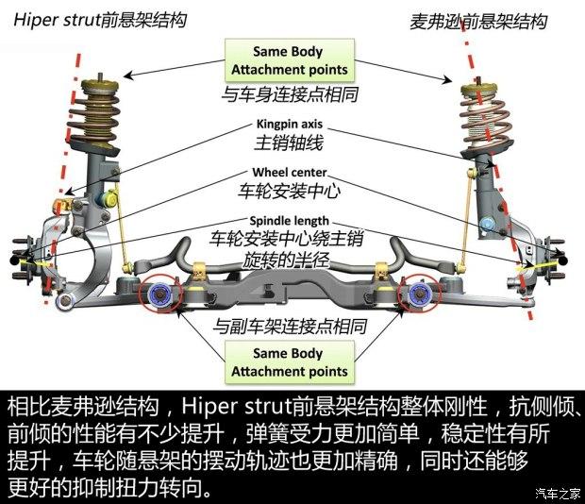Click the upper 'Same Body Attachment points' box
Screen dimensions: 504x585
pos(289,60)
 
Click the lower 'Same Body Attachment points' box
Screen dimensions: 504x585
pos(289,362)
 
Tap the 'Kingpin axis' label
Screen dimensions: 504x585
pos(289,124)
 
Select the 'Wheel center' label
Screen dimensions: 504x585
pos(289,173)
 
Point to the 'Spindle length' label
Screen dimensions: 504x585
pos(289,219)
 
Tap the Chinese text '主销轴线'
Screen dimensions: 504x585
pos(289,143)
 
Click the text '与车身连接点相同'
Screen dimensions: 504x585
pos(289,94)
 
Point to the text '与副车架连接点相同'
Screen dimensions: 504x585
pos(289,326)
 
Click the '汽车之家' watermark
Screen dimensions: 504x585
pos(556,493)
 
